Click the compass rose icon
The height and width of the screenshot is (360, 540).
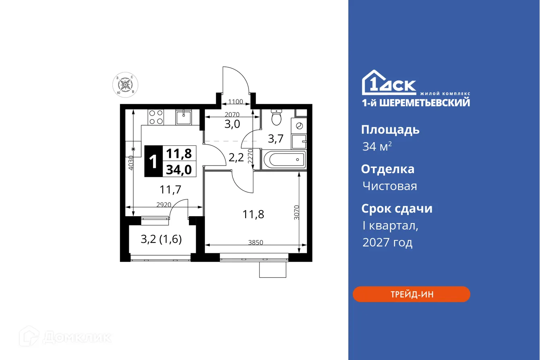(125, 85)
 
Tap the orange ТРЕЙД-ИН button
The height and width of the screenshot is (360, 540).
(411, 294)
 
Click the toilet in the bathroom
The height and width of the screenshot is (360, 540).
(276, 117)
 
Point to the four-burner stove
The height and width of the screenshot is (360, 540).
(156, 117)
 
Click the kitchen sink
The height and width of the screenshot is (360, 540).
(183, 117)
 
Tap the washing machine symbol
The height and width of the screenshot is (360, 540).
(299, 126)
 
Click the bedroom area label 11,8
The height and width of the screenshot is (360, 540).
(253, 214)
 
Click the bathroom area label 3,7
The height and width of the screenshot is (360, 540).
(276, 139)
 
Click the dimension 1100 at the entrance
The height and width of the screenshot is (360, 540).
(236, 102)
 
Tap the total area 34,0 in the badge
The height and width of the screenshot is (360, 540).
(179, 170)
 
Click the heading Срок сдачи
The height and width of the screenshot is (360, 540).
(397, 209)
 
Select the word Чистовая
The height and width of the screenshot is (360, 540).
(389, 186)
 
